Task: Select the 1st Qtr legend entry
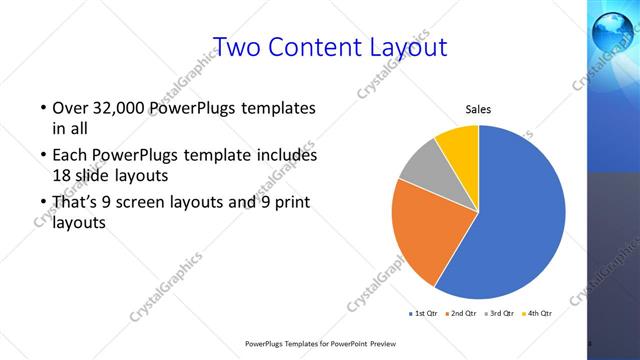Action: point(424,313)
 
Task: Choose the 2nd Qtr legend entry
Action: point(461,313)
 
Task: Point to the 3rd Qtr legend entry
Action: point(499,313)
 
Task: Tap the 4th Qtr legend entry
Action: point(536,313)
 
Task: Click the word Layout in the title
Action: point(410,47)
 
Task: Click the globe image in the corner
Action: point(612,30)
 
